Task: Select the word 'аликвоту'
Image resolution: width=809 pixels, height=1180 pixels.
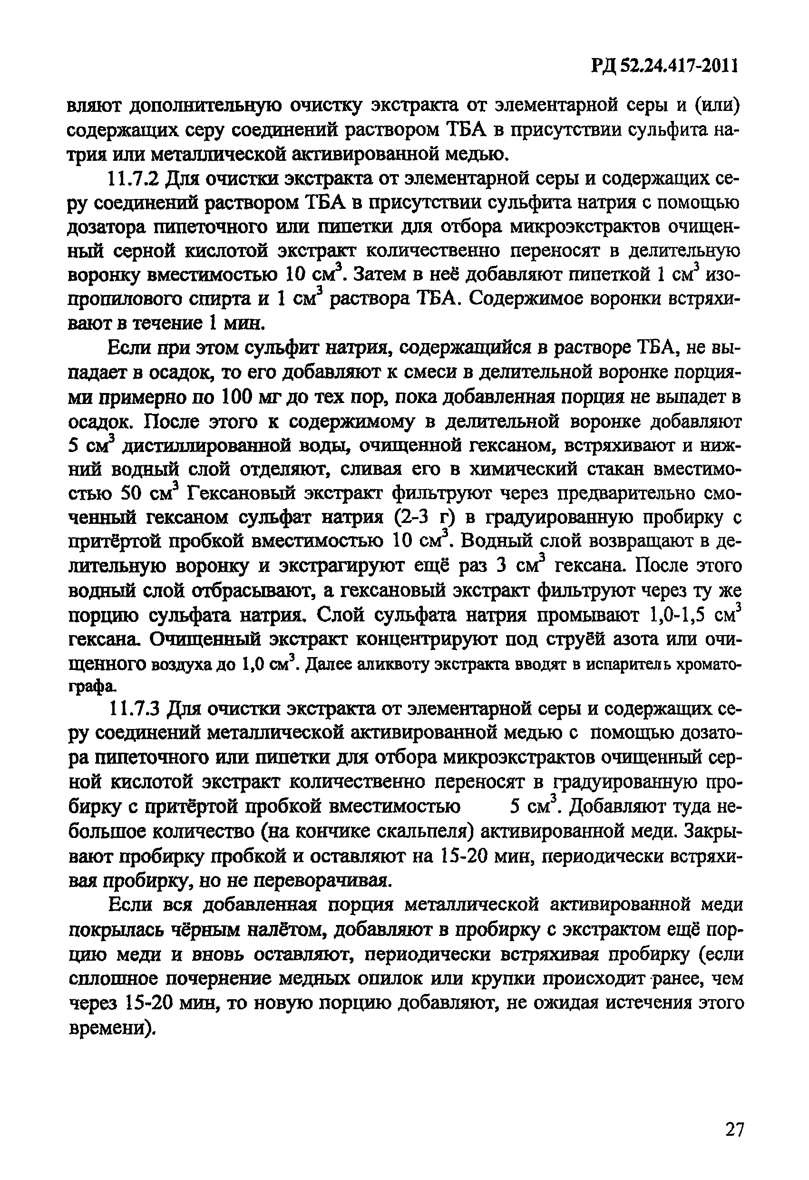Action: click(x=391, y=665)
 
